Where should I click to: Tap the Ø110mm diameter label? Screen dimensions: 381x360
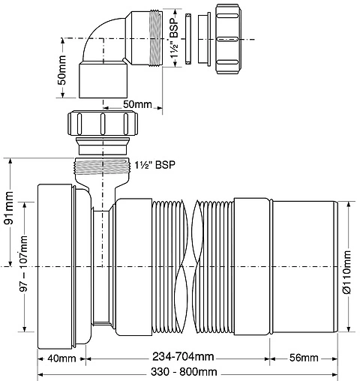347,273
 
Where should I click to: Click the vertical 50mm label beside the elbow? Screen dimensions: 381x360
62,76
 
